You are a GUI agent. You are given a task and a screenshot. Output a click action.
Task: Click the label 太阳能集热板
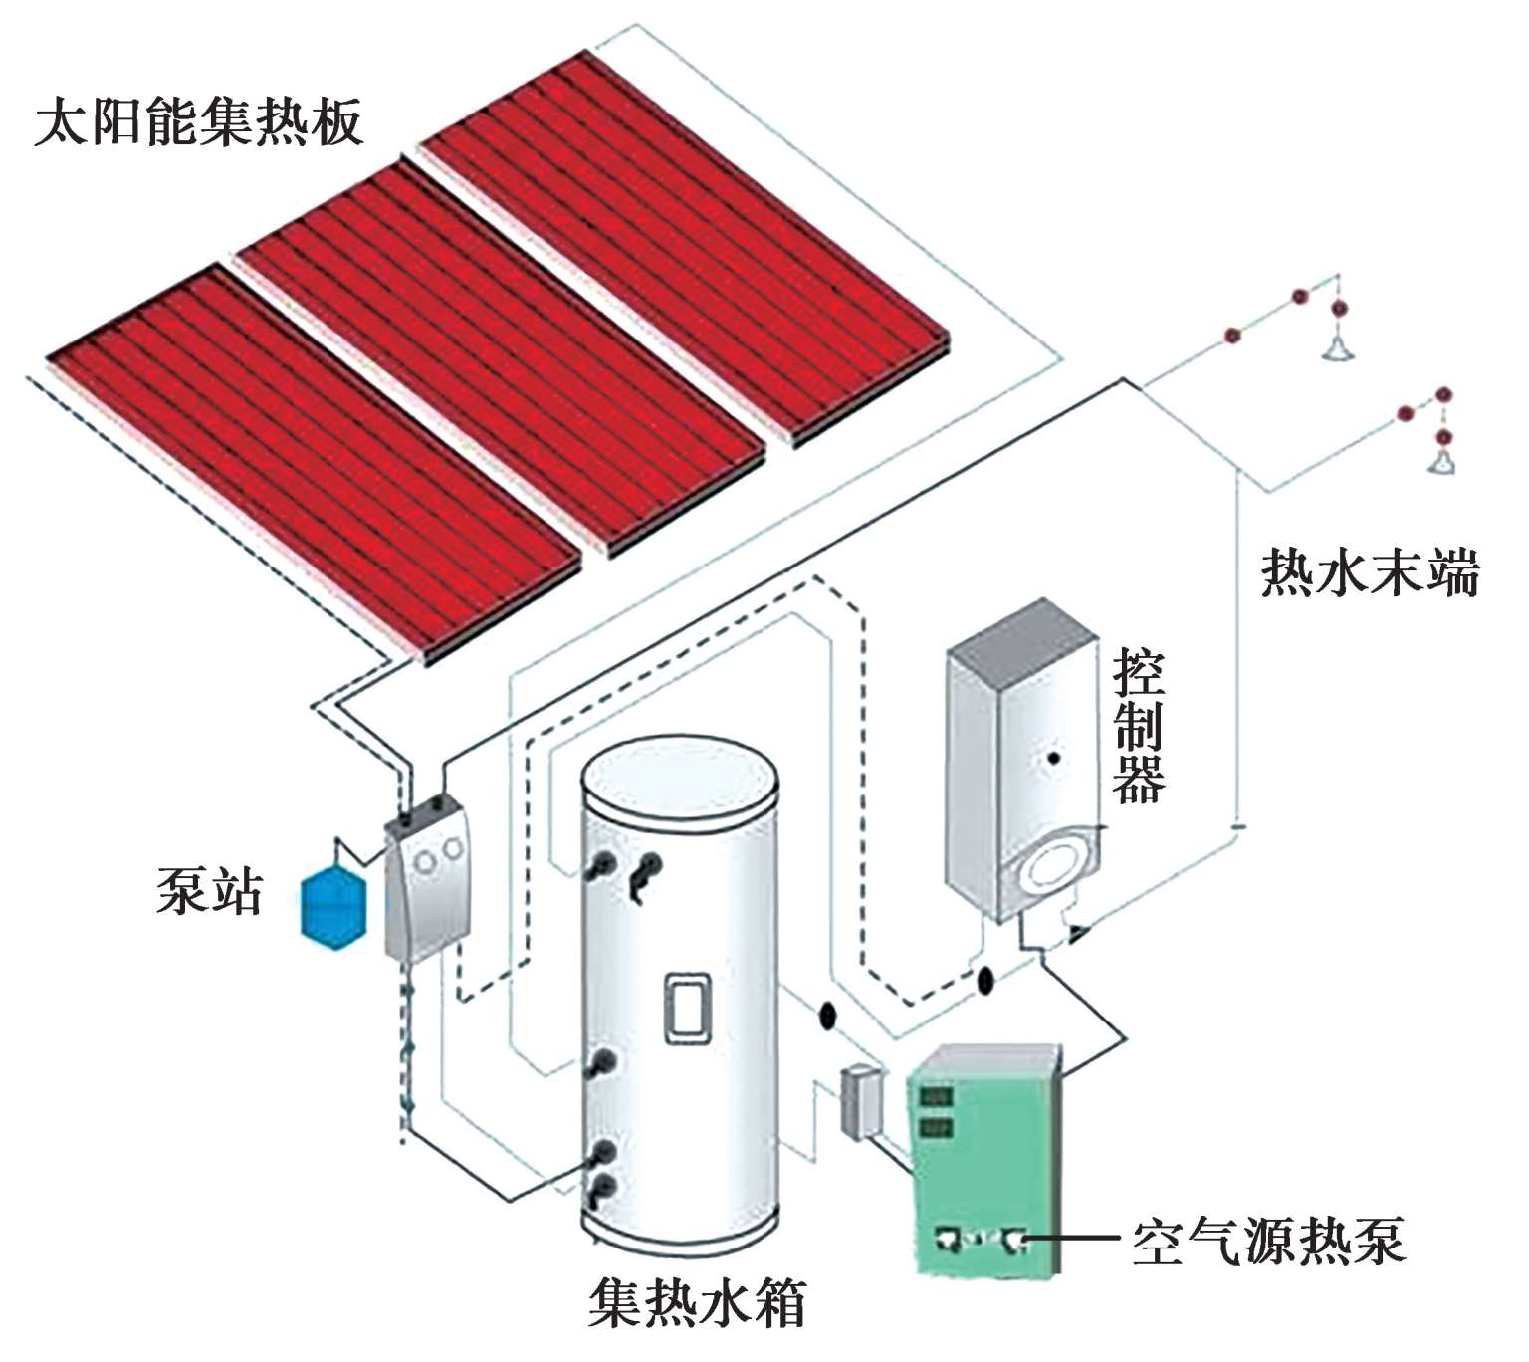coord(198,122)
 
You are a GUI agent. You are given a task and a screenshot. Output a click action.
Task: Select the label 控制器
coord(1139,726)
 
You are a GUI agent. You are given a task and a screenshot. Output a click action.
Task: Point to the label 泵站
coord(209,889)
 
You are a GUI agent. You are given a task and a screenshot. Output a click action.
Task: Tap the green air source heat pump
coord(985,1160)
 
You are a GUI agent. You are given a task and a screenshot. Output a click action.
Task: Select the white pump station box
coord(428,881)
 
